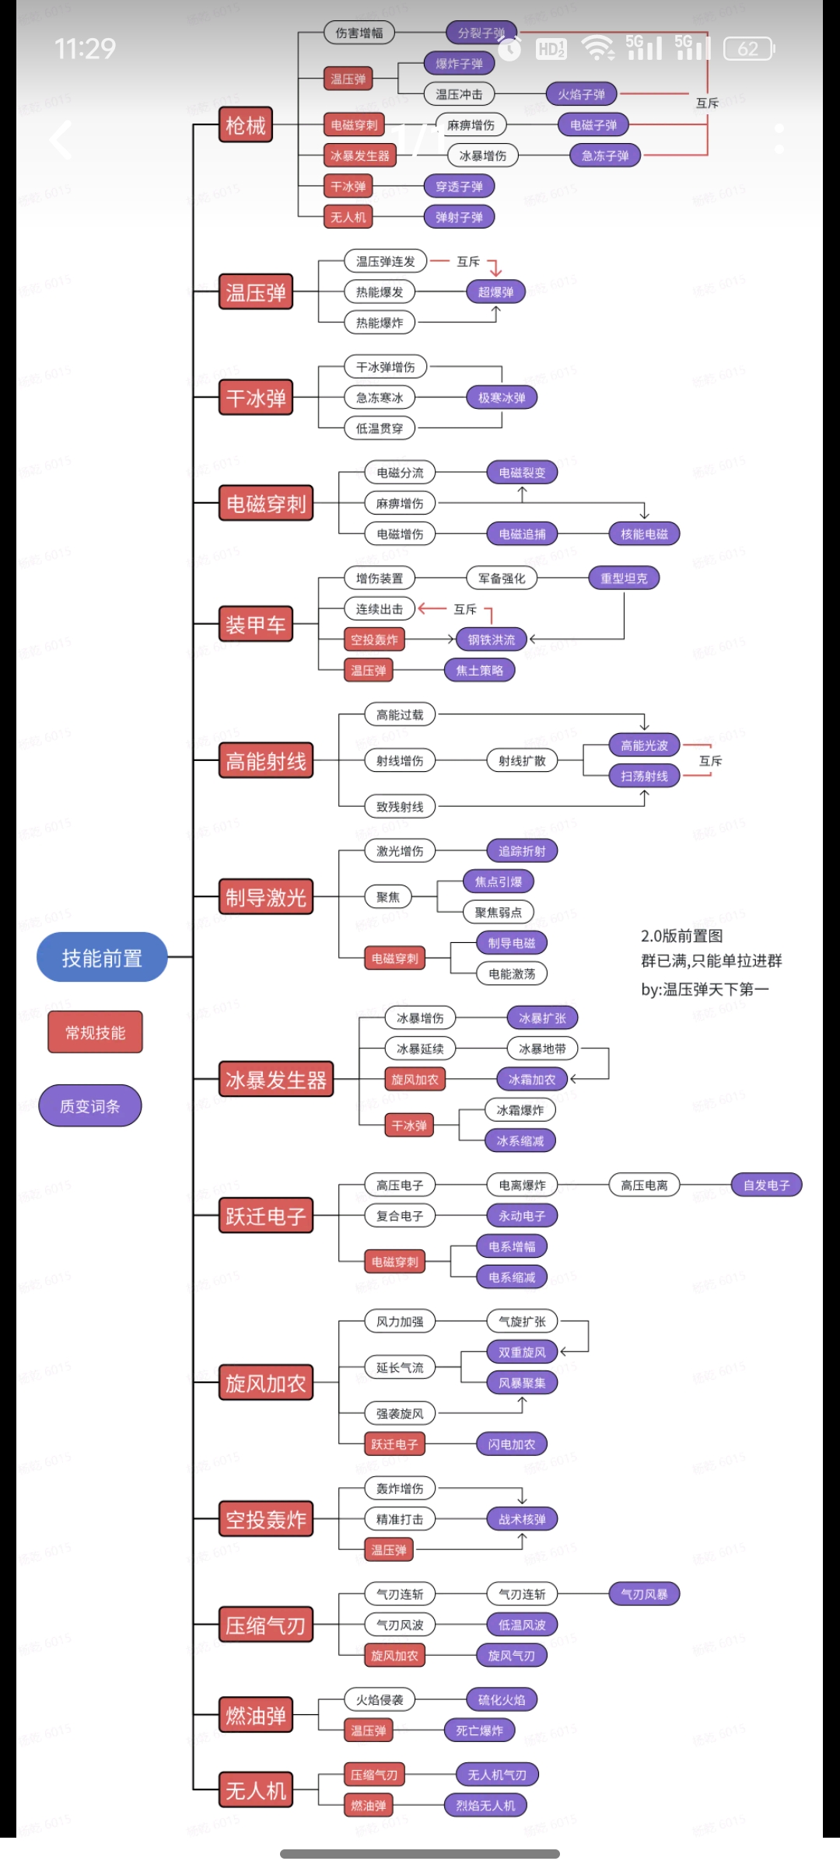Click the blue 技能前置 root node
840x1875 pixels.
[x=102, y=957]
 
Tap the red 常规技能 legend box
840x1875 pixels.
[x=95, y=1032]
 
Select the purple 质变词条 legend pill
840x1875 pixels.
[x=90, y=1105]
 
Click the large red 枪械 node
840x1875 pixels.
[x=246, y=125]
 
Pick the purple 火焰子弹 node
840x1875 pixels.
[x=581, y=94]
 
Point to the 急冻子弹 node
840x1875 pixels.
[x=605, y=155]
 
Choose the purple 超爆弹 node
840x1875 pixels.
[x=495, y=292]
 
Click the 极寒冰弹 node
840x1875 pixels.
[x=502, y=398]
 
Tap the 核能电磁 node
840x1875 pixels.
[x=644, y=534]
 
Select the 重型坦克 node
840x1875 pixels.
[x=624, y=578]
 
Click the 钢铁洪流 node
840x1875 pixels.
[x=492, y=640]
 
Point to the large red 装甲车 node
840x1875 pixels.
[x=256, y=624]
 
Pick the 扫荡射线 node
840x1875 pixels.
[x=644, y=776]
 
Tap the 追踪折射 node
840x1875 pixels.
[x=522, y=851]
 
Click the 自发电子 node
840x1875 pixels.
[x=766, y=1185]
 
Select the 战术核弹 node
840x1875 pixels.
[x=522, y=1519]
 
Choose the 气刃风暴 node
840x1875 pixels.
[x=644, y=1594]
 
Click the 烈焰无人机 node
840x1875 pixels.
[x=485, y=1806]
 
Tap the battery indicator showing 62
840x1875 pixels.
[x=748, y=49]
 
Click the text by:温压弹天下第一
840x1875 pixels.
[x=705, y=990]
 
